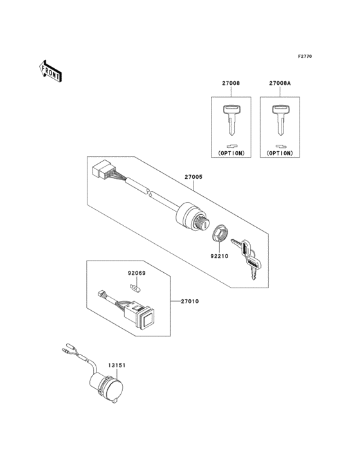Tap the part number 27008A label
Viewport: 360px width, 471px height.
coord(280,84)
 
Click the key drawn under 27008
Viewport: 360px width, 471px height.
coord(231,118)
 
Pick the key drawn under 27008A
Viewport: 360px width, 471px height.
coord(279,118)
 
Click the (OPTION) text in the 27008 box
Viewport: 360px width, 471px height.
coord(231,154)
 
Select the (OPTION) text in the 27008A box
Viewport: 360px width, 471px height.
coord(279,154)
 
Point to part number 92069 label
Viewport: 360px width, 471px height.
coord(134,273)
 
